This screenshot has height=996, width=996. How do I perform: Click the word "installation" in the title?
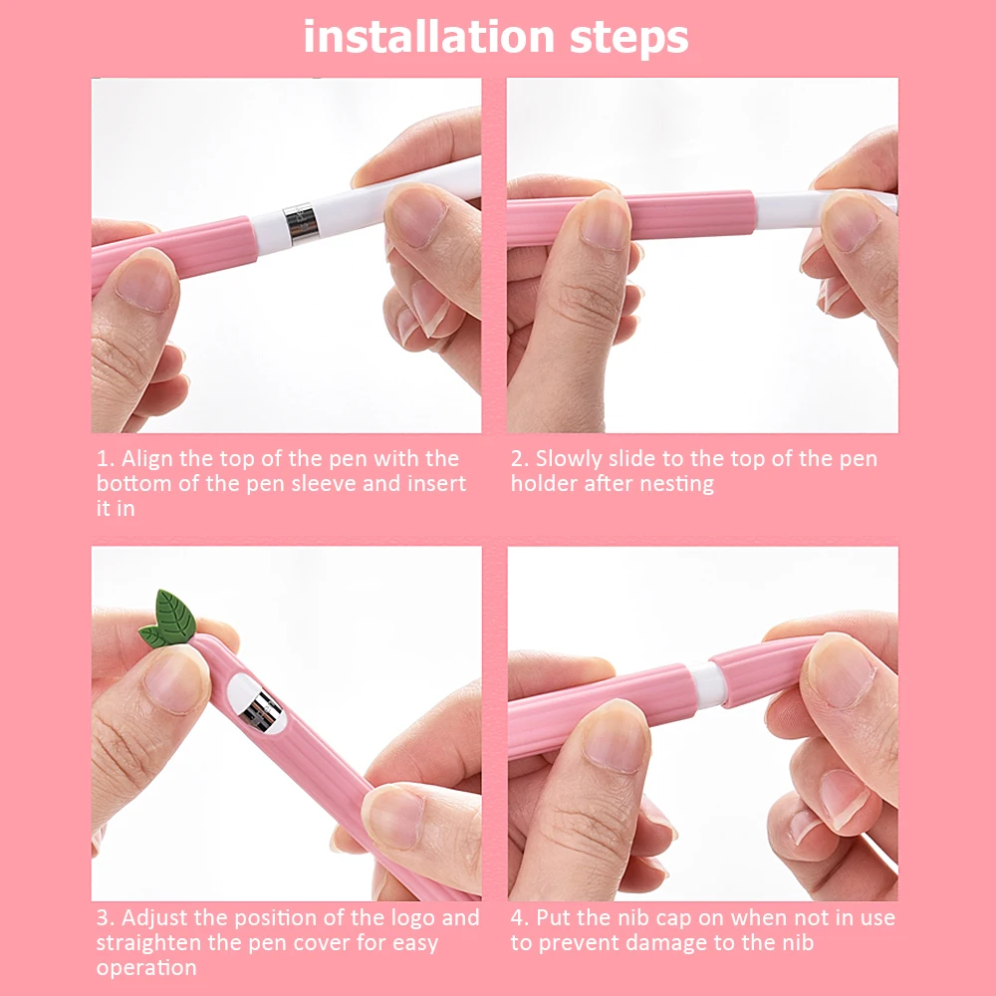415,38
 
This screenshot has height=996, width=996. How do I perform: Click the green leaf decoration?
168,619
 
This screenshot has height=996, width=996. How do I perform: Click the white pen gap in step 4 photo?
707,684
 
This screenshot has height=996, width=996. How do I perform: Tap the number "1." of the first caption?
106,459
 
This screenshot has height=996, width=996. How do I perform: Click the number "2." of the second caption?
520,459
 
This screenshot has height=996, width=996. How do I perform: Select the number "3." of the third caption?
106,917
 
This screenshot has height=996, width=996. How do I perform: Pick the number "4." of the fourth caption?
521,917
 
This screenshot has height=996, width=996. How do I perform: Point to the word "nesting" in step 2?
678,485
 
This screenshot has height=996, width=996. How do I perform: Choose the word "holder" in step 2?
543,484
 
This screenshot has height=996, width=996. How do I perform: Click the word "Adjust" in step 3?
154,917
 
